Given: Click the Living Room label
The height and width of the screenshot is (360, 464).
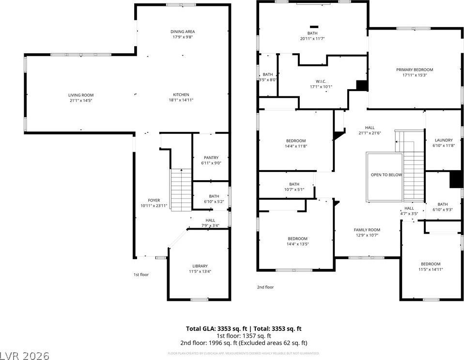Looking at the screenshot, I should (x=80, y=95).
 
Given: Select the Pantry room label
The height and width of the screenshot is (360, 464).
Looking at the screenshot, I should (x=211, y=157).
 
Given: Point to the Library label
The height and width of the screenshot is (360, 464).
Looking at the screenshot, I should (x=200, y=266).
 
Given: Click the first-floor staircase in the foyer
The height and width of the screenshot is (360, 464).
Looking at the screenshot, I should (x=181, y=189).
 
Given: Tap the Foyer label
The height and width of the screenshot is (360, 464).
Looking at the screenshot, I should (x=154, y=200).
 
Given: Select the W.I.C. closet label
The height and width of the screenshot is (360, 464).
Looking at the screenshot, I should (x=321, y=81).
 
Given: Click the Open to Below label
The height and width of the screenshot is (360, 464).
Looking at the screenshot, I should (x=386, y=175).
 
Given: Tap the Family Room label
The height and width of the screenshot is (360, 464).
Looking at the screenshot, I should (x=367, y=230).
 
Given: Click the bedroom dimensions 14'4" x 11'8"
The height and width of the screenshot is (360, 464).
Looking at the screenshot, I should (x=295, y=146).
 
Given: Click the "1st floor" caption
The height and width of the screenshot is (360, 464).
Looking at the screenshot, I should (x=141, y=275).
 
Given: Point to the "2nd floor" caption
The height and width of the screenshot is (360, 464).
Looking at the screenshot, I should (x=265, y=287).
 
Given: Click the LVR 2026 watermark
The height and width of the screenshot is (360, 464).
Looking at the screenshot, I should (x=25, y=356).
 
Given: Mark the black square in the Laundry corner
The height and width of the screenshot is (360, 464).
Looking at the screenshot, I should (x=455, y=179).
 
